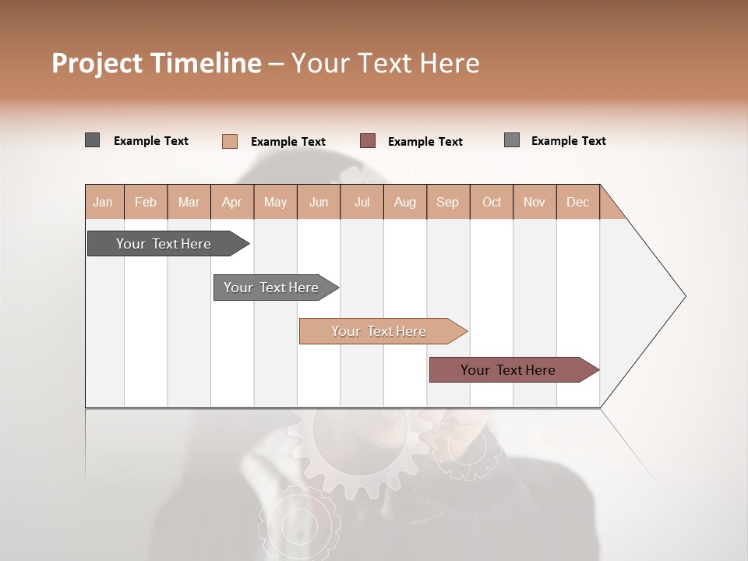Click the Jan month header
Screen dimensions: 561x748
(104, 202)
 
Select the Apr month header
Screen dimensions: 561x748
(232, 202)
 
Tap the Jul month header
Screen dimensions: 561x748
(362, 202)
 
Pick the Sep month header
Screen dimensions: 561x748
(447, 202)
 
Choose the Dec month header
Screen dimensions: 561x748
(577, 202)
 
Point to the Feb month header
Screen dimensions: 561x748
(146, 202)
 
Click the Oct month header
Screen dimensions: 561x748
(492, 202)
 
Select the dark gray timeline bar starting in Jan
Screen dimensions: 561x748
(164, 244)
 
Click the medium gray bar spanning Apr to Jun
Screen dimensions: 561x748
(271, 288)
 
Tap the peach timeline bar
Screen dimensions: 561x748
(379, 331)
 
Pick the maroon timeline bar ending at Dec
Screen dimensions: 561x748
(508, 370)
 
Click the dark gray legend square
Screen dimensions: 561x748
(92, 140)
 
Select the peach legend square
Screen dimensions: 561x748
(229, 141)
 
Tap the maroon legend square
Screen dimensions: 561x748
(368, 141)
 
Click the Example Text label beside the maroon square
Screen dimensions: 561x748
(425, 142)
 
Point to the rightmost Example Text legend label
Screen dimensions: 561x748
(568, 141)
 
